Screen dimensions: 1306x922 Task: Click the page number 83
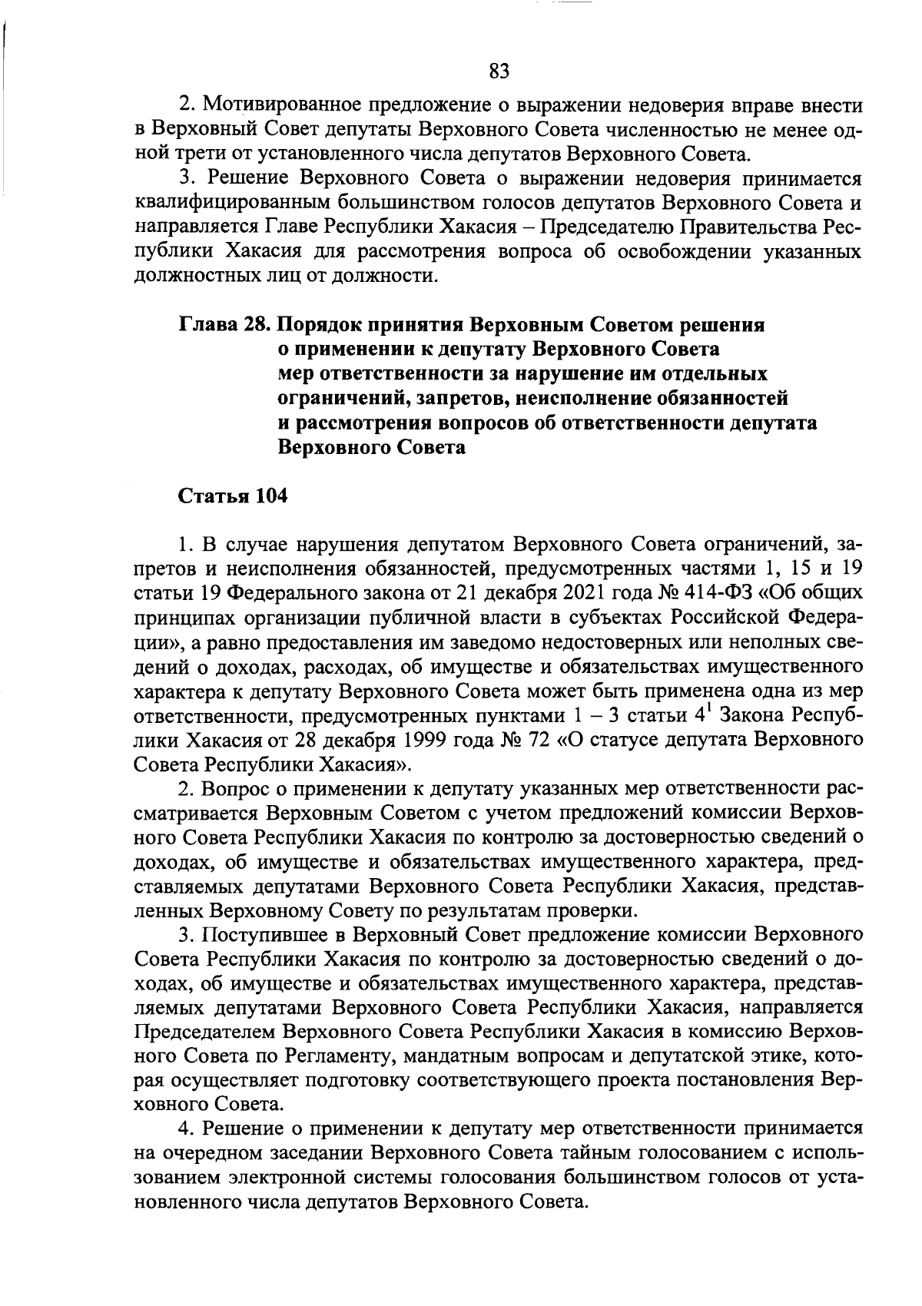click(x=499, y=71)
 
